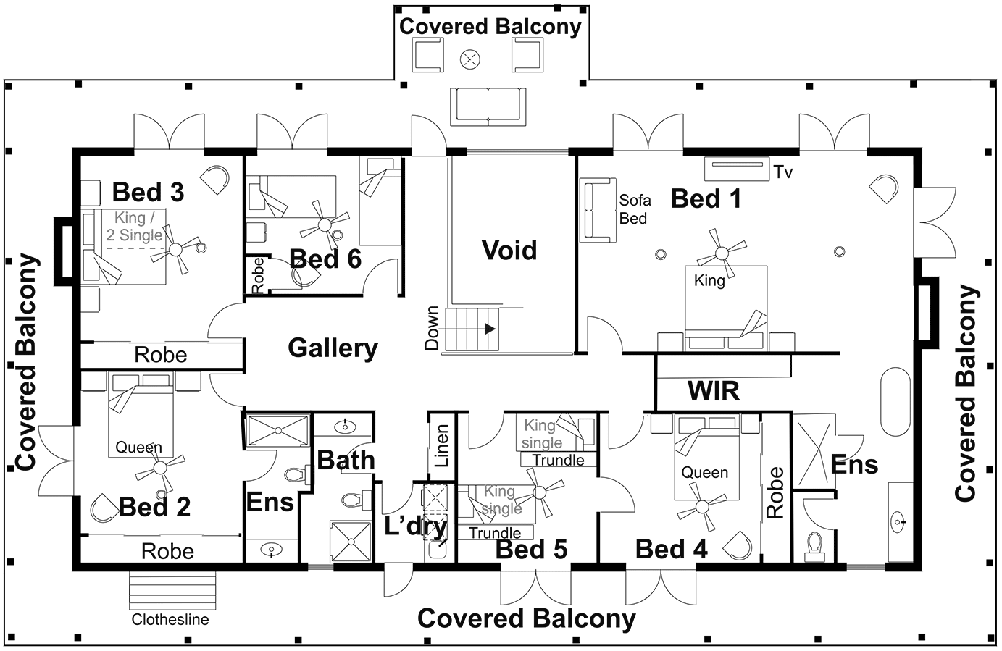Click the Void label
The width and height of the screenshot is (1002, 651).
point(509,251)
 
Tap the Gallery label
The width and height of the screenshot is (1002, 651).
point(333,348)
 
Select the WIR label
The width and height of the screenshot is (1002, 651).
point(713,391)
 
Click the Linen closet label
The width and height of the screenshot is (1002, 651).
point(441,445)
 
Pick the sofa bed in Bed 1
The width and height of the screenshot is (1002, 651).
point(598,210)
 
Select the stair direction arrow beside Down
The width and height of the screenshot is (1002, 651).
point(490,329)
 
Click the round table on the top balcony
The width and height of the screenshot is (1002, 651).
point(471,58)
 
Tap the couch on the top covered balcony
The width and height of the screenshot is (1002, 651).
point(488,106)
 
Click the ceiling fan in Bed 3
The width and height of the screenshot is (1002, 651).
point(175,249)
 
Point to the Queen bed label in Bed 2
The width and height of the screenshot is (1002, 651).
point(139,448)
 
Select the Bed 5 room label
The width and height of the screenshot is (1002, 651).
point(531,550)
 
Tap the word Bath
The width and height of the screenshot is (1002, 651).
point(346,460)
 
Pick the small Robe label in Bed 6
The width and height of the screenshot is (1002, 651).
point(257,276)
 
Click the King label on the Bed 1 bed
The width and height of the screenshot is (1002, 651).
point(709,280)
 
